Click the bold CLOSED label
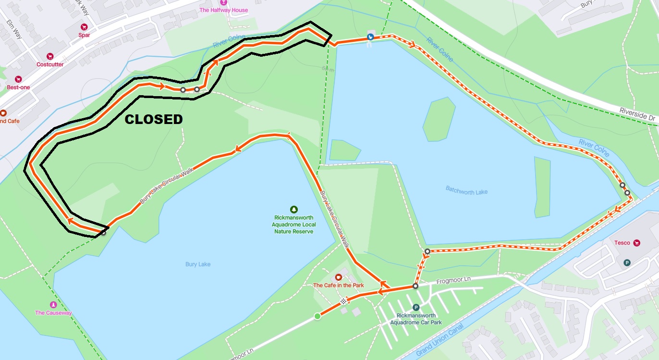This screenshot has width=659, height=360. pos(154,119)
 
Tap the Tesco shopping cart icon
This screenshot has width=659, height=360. pos(637,243)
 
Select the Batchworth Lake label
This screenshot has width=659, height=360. pos(466,192)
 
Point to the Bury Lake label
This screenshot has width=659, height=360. pos(198,264)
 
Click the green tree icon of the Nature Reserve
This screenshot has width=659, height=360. pos(294,209)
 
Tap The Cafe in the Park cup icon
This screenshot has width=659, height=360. pos(338,277)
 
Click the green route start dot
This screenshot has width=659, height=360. pos(317,316)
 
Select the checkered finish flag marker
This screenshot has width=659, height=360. pos(343,301)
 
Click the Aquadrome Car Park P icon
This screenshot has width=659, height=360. pos(416,308)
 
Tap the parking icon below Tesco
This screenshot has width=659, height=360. pos(626,262)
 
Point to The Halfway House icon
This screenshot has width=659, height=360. pos(223,2)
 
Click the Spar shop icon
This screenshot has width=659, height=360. pos(85,27)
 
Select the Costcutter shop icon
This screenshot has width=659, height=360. pos(50,57)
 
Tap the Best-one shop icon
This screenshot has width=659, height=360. pos(18,79)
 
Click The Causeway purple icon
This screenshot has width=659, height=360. pos(53,305)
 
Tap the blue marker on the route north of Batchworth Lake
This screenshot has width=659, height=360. pos(370,37)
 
